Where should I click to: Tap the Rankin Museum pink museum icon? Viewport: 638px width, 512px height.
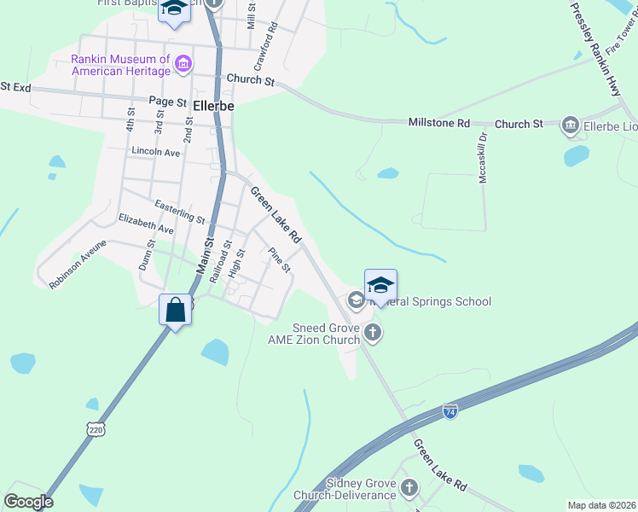click(182, 63)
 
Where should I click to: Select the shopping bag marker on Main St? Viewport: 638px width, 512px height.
click(176, 309)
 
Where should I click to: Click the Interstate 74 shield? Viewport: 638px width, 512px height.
click(450, 412)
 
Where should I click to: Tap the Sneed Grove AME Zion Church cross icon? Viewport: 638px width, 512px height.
click(372, 332)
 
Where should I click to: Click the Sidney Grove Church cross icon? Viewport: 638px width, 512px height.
click(409, 488)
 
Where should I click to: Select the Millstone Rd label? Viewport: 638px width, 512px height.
click(439, 124)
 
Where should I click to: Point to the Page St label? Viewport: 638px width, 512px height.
click(167, 102)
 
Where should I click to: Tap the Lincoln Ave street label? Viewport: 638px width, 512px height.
click(156, 151)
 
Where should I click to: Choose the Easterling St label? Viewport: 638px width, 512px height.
click(179, 212)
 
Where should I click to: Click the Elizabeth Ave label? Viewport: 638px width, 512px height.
click(146, 224)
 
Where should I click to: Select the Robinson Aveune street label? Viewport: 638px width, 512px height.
click(78, 264)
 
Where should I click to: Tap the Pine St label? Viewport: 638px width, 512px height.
click(280, 260)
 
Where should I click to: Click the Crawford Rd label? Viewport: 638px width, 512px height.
click(266, 46)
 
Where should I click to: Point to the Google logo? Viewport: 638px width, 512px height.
click(28, 502)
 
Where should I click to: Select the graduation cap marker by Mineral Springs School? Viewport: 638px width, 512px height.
click(380, 286)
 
